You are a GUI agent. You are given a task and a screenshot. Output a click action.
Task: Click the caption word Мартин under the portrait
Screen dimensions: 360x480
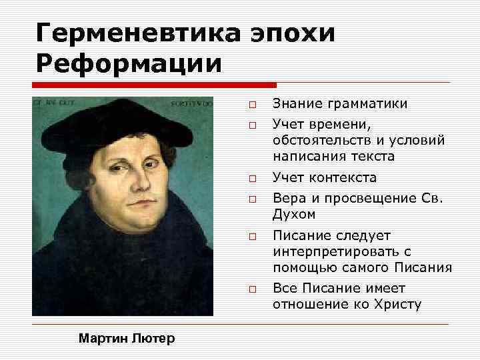[99, 339]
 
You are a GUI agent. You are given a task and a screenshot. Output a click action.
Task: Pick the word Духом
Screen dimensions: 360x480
[294, 215]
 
